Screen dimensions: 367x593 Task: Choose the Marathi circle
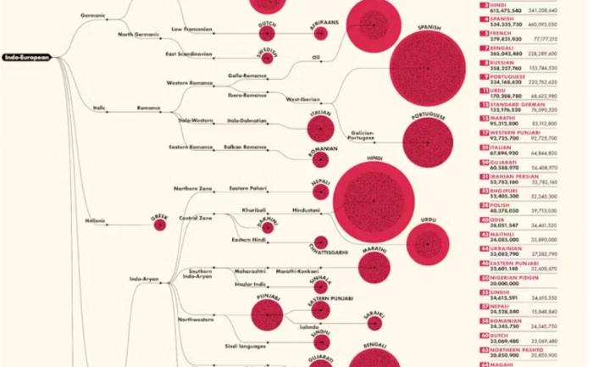coord(374,267)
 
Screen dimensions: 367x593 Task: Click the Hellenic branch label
coord(95,221)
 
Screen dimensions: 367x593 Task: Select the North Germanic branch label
coord(137,35)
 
